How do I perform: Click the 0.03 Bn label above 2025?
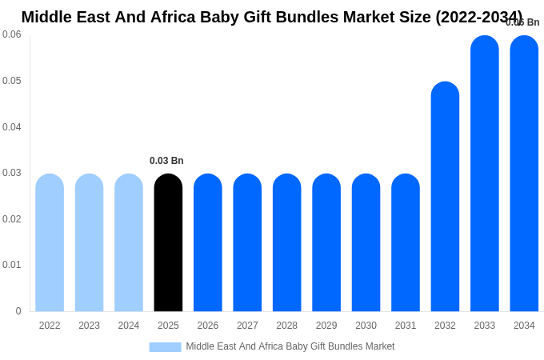point(166,161)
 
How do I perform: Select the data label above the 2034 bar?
point(522,22)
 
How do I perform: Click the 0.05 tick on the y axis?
point(12,81)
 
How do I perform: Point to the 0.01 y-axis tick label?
point(12,265)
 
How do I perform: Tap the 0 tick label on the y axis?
point(18,311)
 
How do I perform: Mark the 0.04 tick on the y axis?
point(12,127)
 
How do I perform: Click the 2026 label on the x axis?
point(208,326)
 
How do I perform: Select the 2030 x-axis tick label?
point(366,326)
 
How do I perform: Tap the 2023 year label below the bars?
point(89,326)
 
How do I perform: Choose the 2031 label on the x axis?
point(406,326)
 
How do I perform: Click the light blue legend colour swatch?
point(165,347)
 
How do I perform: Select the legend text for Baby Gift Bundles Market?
point(290,346)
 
